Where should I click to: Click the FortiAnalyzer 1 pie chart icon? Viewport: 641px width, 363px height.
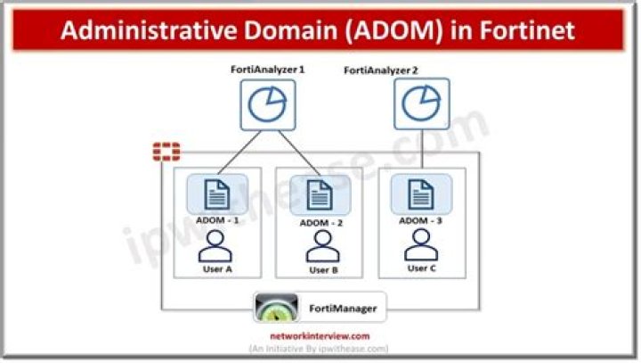pos(268,105)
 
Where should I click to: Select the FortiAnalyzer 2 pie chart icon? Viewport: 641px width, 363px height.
pos(421,103)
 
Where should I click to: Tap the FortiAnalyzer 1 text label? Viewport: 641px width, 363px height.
pos(268,70)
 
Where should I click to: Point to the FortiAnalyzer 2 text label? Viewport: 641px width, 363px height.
pos(381,70)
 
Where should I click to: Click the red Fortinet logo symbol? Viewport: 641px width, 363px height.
pos(166,152)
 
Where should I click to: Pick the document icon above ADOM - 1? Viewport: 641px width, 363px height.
pos(217,194)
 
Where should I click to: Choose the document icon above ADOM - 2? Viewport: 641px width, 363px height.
pos(320,195)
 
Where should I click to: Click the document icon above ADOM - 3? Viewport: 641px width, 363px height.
pos(421,194)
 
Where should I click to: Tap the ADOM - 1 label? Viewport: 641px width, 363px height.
pos(217,220)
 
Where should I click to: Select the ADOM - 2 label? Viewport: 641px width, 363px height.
pos(320,223)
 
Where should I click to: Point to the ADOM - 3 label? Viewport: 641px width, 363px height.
pos(420,220)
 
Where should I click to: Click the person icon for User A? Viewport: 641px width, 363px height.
pos(215,246)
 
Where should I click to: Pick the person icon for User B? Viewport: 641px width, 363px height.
pos(323,246)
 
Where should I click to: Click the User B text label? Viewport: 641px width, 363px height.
pos(323,270)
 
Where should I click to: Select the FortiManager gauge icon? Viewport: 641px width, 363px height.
pos(276,308)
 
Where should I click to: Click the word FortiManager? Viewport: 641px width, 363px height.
pos(343,308)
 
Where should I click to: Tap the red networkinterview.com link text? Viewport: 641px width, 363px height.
pos(320,336)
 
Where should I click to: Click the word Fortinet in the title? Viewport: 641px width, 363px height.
pos(527,30)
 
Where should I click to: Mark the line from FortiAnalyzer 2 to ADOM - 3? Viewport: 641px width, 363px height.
pos(422,149)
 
